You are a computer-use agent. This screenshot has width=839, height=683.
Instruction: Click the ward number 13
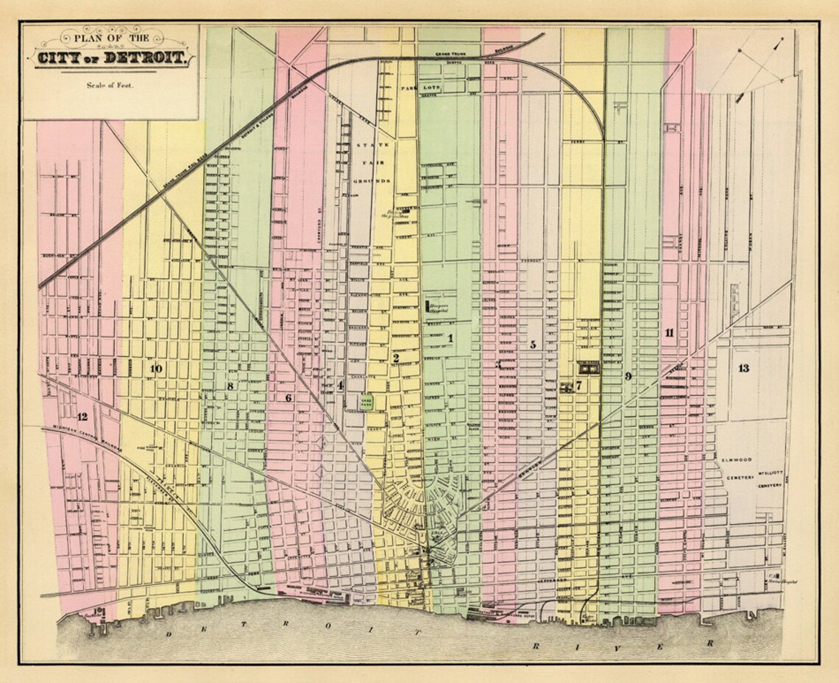tap(743, 368)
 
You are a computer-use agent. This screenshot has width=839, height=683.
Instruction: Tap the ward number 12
tap(82, 417)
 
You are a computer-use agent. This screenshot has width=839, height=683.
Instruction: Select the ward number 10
tap(155, 368)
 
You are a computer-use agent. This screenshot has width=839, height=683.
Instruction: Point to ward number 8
tap(230, 386)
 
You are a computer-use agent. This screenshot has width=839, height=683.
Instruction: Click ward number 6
tap(288, 397)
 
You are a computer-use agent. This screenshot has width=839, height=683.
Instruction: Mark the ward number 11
tap(669, 333)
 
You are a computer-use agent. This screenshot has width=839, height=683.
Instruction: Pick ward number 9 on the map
tap(628, 376)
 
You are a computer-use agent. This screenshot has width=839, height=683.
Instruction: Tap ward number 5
tap(532, 344)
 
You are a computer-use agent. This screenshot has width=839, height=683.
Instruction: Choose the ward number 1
tap(450, 338)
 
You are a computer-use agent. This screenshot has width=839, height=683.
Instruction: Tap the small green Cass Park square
tap(366, 402)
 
